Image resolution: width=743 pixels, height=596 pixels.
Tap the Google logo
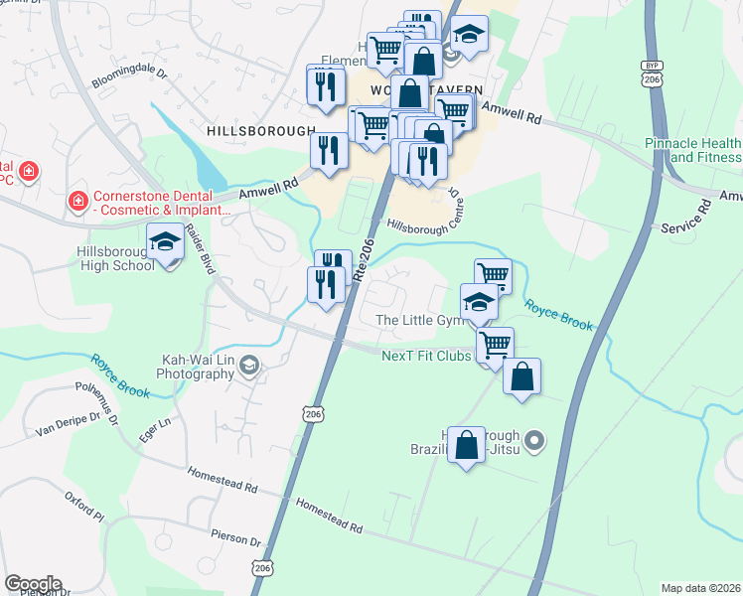33,584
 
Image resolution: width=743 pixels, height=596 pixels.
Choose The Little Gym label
420,320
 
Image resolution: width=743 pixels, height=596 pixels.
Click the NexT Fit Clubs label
427,355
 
